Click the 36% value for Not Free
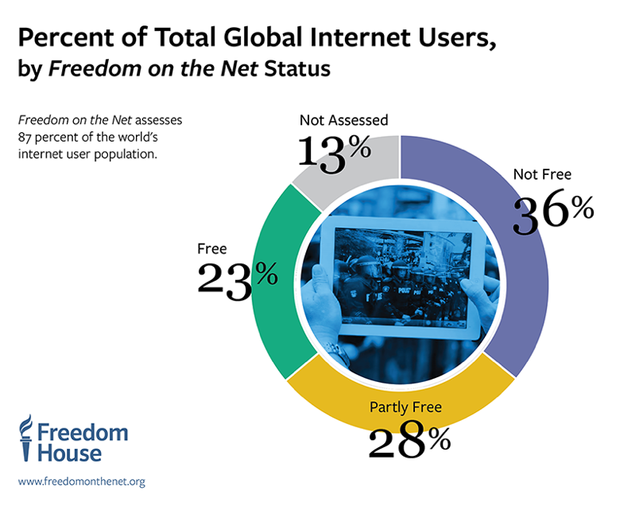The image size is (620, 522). click(x=553, y=212)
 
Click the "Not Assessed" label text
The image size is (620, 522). click(x=343, y=120)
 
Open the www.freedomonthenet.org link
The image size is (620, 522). click(x=81, y=481)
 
